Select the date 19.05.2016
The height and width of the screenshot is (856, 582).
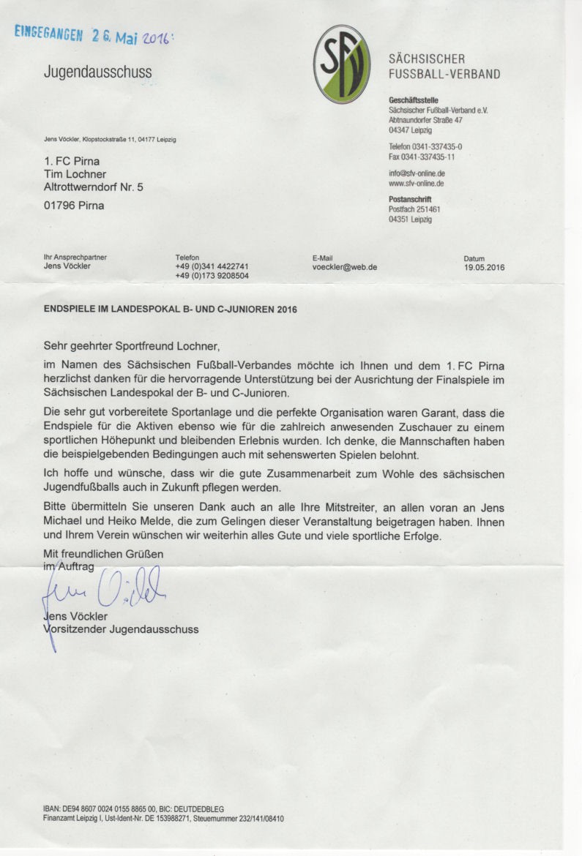(484, 268)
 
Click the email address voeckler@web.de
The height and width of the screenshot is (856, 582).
(345, 268)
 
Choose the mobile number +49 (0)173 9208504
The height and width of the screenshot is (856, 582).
(212, 277)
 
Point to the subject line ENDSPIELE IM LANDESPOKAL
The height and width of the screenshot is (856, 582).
(171, 309)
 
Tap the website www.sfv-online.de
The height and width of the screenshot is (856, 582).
(417, 184)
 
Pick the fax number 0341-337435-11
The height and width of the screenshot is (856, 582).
(422, 157)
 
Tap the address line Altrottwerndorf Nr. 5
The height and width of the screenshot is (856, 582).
(94, 187)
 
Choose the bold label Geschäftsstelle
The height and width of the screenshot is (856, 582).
(414, 100)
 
